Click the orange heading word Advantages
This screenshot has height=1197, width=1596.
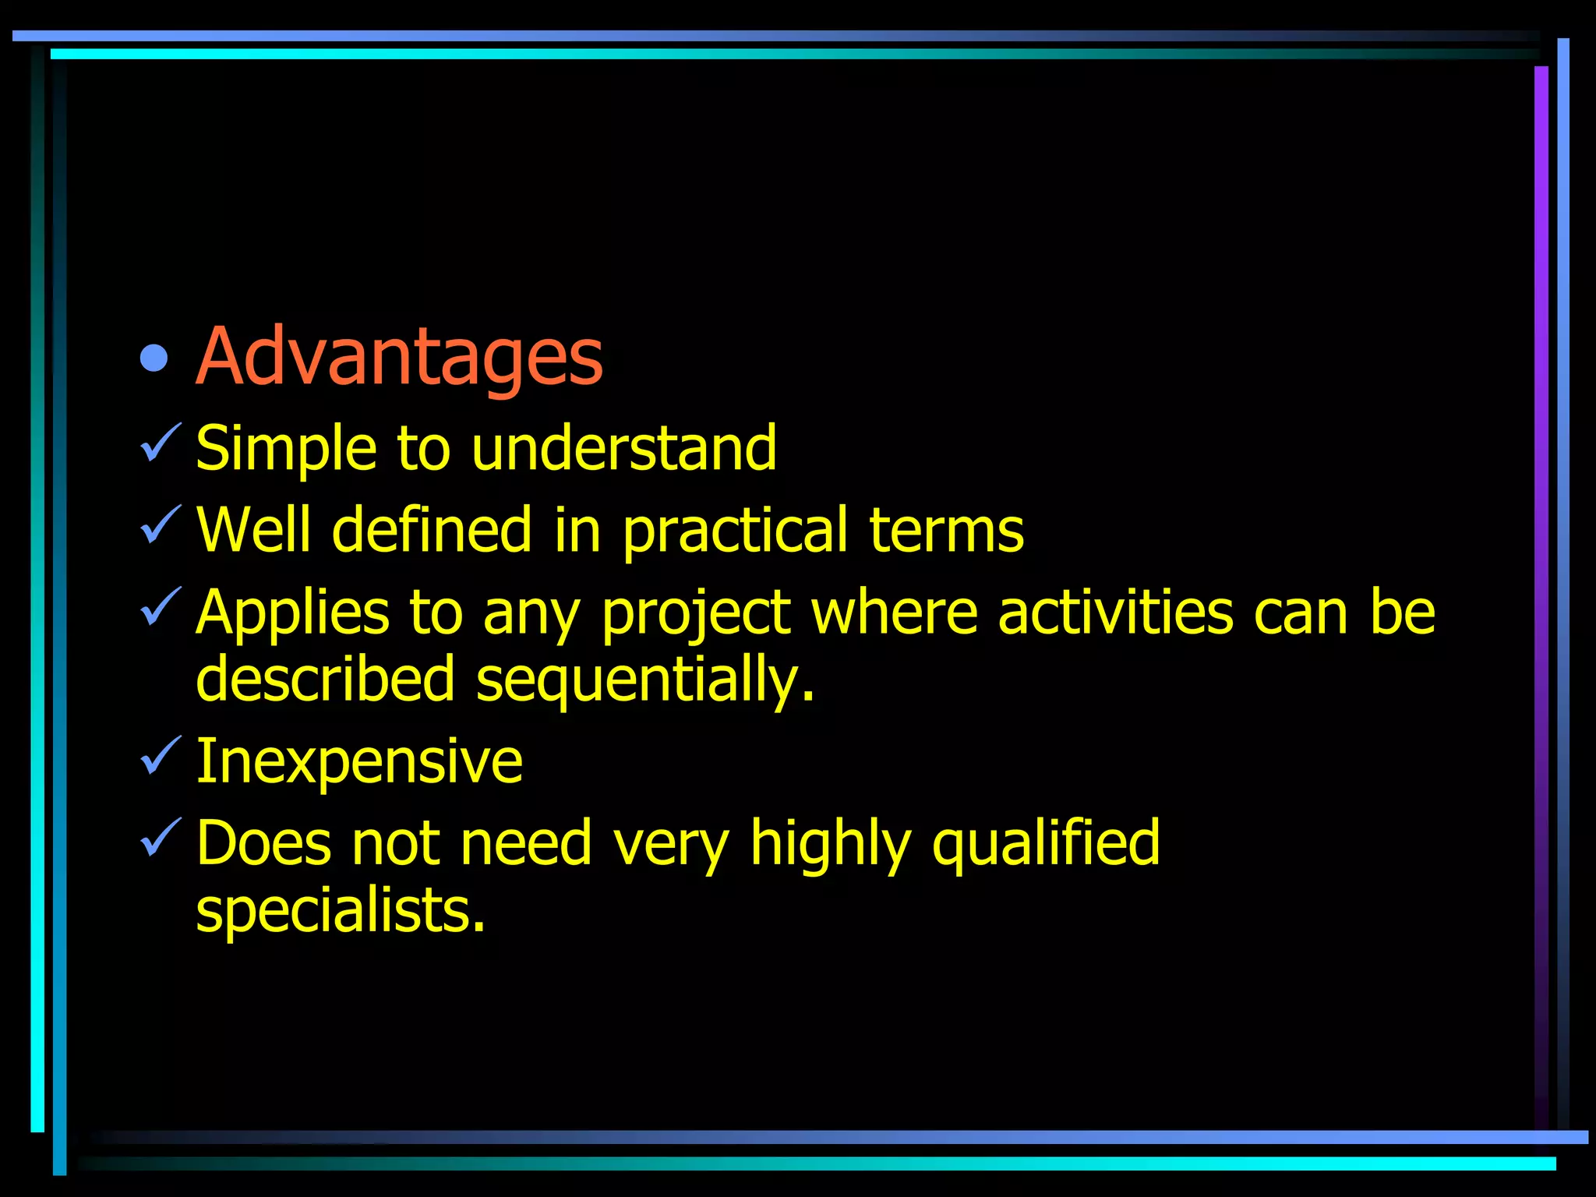(x=399, y=357)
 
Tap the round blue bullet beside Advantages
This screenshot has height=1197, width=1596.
(x=154, y=358)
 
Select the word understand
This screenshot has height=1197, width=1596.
(x=624, y=449)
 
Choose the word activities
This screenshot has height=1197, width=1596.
(x=1115, y=613)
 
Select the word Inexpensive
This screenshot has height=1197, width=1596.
(x=359, y=762)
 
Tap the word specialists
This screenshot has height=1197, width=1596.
(x=341, y=911)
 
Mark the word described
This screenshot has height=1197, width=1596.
(x=325, y=679)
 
